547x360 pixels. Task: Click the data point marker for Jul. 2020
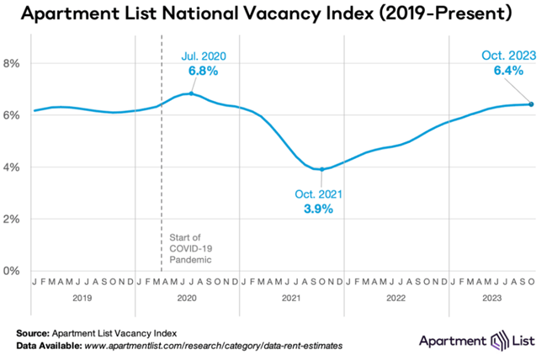pyautogui.click(x=191, y=93)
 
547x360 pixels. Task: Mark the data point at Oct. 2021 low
pyautogui.click(x=321, y=169)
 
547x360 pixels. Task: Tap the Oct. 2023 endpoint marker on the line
pyautogui.click(x=531, y=104)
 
